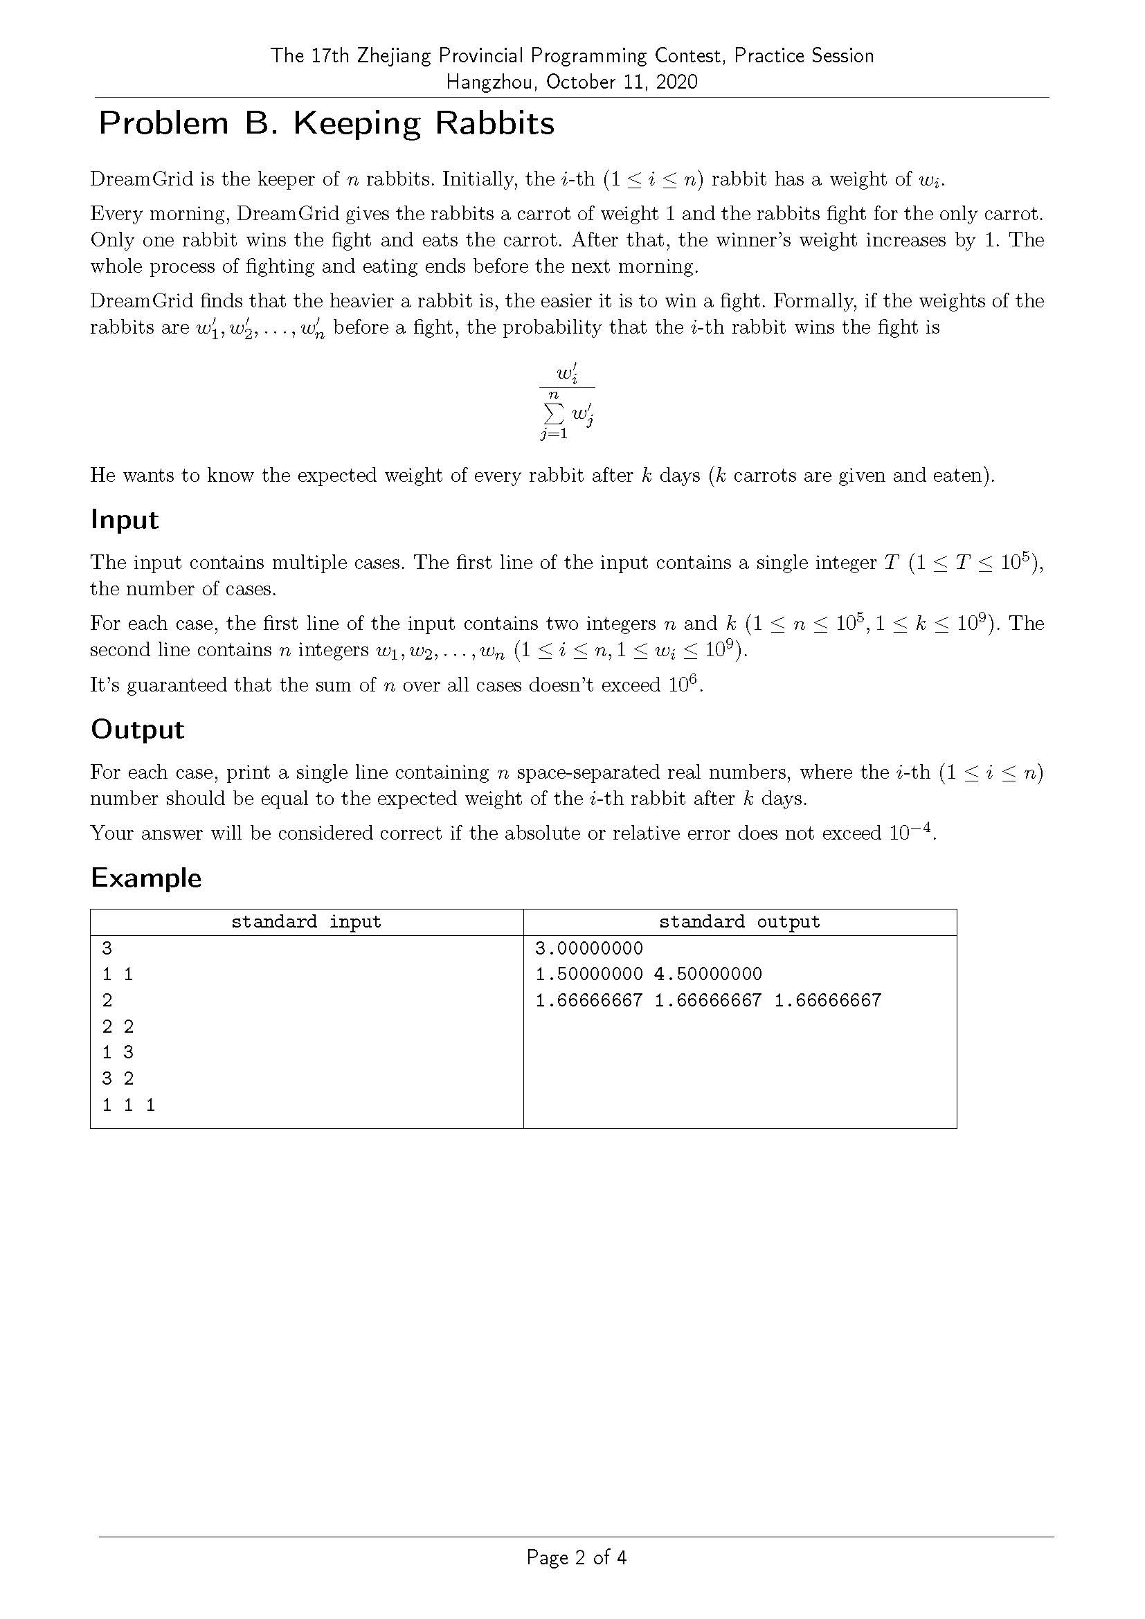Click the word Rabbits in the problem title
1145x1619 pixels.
494,123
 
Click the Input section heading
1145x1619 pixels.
125,520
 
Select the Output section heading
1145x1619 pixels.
138,729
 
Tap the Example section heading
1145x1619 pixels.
146,878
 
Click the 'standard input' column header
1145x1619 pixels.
306,921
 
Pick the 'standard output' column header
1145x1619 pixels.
739,921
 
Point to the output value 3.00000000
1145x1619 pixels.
588,948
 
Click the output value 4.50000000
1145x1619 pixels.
708,974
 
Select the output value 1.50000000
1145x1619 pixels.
588,974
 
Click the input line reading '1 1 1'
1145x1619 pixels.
128,1104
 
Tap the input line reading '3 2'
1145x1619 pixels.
118,1078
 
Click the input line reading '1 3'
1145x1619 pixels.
118,1052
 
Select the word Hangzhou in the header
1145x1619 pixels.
492,82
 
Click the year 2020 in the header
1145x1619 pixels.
676,82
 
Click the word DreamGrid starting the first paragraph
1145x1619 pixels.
142,179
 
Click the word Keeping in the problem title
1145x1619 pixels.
356,123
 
